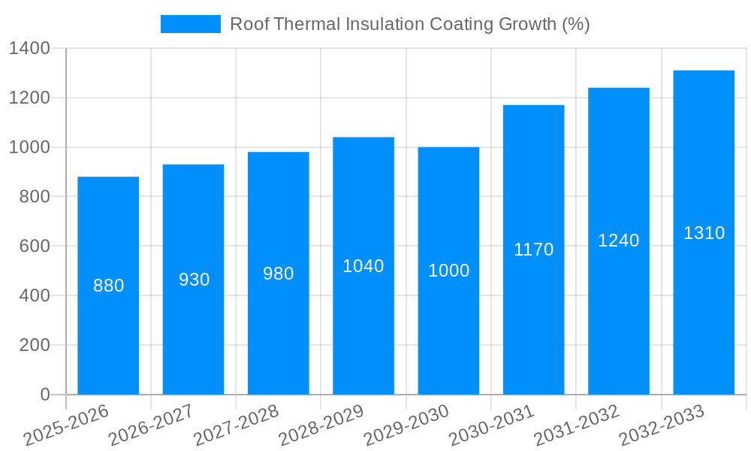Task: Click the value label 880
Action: coord(108,286)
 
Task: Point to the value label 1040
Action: coord(363,266)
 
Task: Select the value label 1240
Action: coord(619,241)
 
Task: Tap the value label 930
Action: coord(194,280)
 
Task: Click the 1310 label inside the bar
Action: coord(704,233)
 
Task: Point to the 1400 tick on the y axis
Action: coord(29,49)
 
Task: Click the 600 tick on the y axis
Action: coord(35,247)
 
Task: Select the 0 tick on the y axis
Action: coord(44,395)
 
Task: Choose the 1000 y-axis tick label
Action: coord(29,147)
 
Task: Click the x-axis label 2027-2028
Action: coord(236,425)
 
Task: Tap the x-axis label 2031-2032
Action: coord(576,425)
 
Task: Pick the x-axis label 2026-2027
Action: coord(151,425)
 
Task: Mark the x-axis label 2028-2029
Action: coord(321,425)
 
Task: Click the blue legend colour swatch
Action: coord(191,24)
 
